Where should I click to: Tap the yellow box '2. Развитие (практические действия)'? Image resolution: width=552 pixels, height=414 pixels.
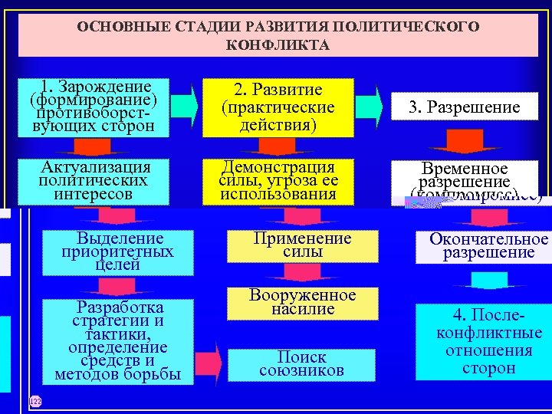pos(278,107)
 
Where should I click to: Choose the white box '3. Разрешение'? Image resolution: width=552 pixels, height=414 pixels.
pos(463,107)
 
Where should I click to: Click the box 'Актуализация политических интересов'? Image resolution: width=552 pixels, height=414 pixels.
pos(97,181)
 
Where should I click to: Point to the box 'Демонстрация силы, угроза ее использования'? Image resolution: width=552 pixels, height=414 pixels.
pos(278,181)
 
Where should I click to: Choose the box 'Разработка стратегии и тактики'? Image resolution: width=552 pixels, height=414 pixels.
pos(118,340)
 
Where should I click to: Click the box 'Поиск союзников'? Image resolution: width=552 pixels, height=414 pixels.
pos(302,363)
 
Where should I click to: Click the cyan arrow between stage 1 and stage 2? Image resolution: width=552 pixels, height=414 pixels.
pos(184,107)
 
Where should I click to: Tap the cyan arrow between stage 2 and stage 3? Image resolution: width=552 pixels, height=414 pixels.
pos(370,107)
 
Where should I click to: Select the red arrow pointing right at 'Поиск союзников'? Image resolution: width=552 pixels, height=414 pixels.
pos(218,360)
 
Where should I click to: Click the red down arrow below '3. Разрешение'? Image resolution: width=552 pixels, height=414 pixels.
pos(464,143)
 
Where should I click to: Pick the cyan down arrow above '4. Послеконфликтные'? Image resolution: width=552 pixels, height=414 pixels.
pos(488,281)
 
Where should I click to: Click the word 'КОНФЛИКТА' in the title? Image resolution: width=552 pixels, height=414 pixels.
pos(278,45)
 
